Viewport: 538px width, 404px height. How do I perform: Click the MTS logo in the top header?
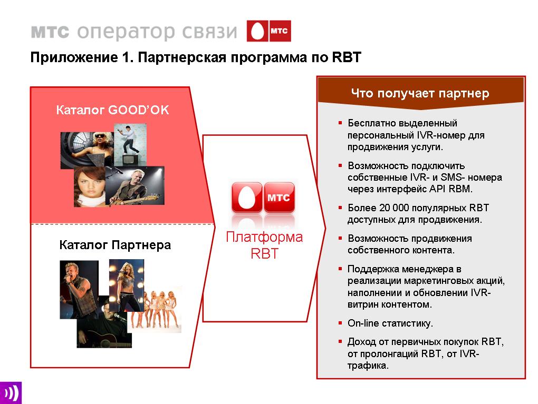click(x=268, y=31)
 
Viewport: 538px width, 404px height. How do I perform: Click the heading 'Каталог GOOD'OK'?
click(x=112, y=110)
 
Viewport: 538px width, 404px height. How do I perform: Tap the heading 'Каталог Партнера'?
click(x=115, y=245)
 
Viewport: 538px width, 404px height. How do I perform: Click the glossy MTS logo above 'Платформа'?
click(x=263, y=198)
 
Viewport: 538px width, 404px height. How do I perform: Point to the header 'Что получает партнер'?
click(x=420, y=93)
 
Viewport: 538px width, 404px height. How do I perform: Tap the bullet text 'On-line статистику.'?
click(x=390, y=323)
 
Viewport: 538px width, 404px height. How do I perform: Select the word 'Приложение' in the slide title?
click(x=74, y=57)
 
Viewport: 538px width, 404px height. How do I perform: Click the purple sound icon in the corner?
click(x=11, y=393)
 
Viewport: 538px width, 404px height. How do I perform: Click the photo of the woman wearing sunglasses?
click(x=87, y=150)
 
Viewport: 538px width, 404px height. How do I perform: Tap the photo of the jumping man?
click(x=130, y=145)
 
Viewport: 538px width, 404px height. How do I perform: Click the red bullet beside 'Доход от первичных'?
click(x=340, y=341)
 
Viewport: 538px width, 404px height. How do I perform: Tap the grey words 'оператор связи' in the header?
click(x=157, y=32)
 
